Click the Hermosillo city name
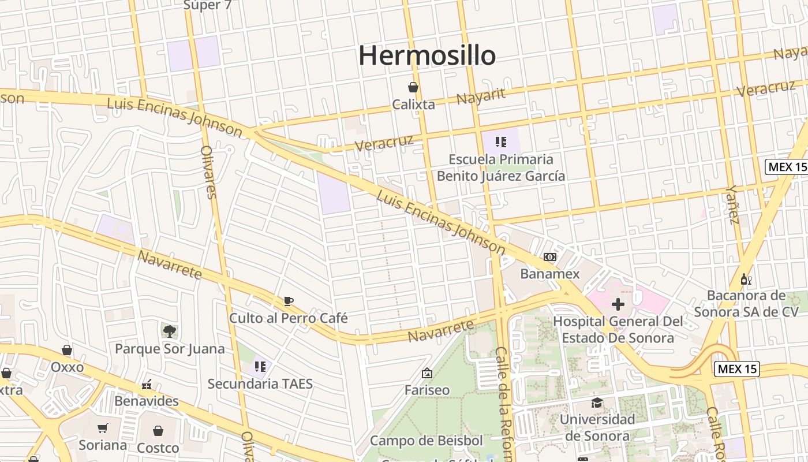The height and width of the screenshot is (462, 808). (427, 55)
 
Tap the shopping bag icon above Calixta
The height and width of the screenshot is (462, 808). (413, 87)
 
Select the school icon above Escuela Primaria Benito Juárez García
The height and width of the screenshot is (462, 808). (501, 141)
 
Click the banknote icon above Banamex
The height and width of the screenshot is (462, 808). (550, 257)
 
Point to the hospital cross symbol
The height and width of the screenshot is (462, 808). (618, 304)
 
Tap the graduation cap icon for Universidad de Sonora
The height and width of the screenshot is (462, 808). (597, 403)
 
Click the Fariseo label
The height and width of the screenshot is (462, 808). (427, 390)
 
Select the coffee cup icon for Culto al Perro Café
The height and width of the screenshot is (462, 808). (289, 301)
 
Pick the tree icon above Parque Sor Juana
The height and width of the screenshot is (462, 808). (169, 331)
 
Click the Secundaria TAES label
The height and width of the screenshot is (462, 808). (260, 383)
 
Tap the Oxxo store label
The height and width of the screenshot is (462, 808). (67, 367)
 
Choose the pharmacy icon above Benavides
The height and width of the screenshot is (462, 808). (147, 385)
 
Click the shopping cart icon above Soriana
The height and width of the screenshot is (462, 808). (103, 429)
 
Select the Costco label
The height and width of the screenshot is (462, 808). (158, 448)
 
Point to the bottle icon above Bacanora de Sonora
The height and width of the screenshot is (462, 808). (746, 280)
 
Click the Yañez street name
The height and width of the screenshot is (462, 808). (733, 204)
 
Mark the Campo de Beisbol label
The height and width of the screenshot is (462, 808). (426, 441)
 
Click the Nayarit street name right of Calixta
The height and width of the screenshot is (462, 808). (481, 96)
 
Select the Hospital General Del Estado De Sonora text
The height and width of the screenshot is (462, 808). (618, 329)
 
